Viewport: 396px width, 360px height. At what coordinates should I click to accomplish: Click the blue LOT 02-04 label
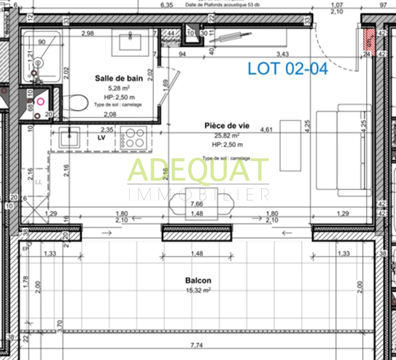tap(288, 68)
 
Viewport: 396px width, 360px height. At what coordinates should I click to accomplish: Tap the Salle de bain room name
tap(119, 78)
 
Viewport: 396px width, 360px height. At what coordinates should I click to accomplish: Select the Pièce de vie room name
tap(227, 126)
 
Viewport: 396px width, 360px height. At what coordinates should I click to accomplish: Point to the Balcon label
tap(198, 281)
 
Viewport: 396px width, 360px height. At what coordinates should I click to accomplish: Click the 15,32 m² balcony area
tap(198, 290)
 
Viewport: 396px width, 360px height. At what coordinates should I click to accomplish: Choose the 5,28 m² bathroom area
tap(119, 88)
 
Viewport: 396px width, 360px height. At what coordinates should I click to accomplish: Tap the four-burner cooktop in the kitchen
tap(133, 138)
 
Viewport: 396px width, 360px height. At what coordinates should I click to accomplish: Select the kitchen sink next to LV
tap(69, 137)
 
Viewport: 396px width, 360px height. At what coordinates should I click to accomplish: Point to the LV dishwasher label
tap(101, 137)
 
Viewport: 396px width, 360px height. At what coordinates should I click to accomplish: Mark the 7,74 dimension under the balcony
tap(197, 345)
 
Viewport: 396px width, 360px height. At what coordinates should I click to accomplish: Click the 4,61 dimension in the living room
tap(266, 129)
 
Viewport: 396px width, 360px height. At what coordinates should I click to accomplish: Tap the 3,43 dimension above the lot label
tap(282, 54)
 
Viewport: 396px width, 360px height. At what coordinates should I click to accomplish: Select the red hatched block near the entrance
tap(369, 42)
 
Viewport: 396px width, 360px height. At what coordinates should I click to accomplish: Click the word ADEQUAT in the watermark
tap(198, 170)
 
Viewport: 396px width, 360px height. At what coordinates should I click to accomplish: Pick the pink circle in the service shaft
tap(41, 102)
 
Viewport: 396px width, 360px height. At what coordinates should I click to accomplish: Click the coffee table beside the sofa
tap(290, 146)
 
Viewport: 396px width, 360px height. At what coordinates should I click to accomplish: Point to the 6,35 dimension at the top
tap(167, 5)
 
